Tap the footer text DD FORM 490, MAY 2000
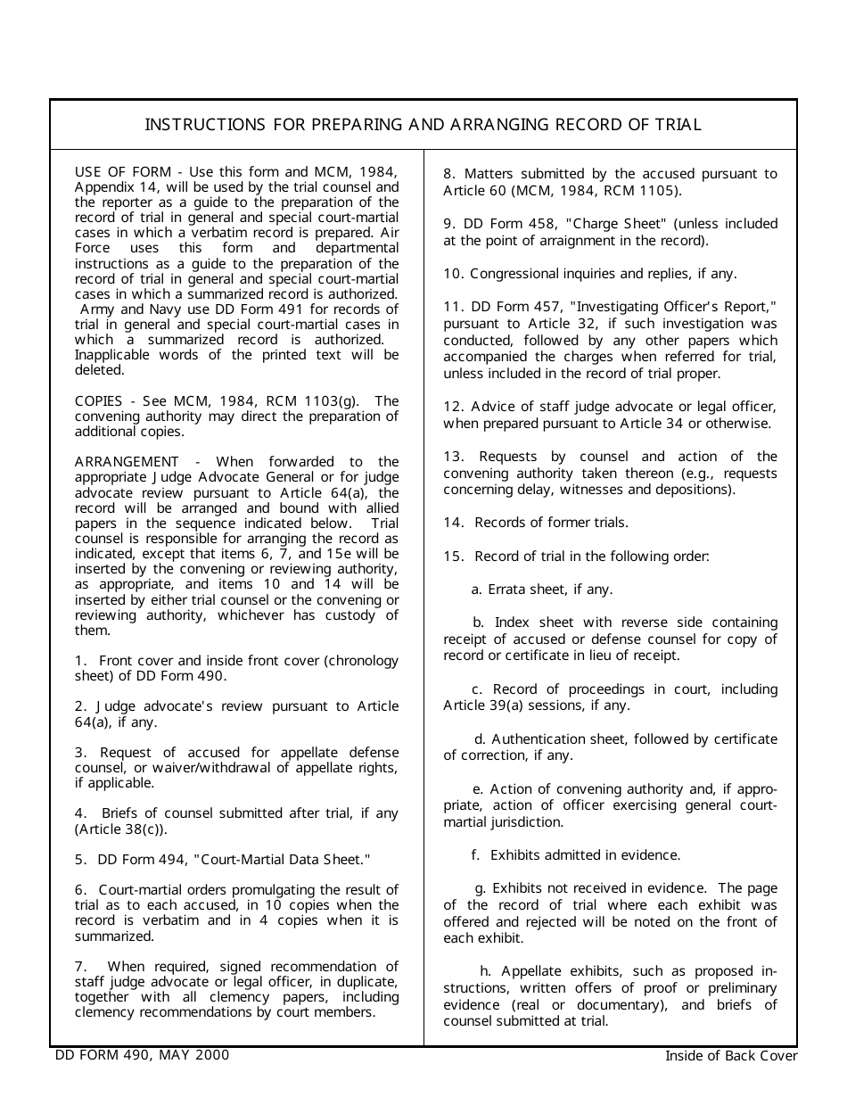[143, 1055]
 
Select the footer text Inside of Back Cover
[731, 1056]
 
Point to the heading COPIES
[99, 401]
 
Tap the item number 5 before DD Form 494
[80, 860]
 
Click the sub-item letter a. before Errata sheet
[476, 590]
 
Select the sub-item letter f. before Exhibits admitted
[476, 855]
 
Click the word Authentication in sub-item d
[539, 739]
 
